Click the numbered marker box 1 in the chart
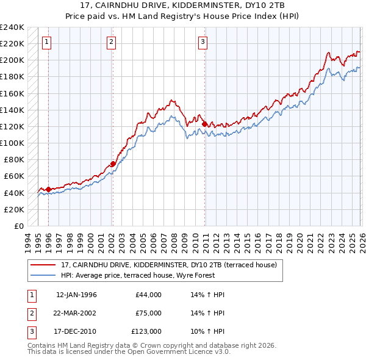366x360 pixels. click(47, 42)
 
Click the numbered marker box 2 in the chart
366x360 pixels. click(112, 42)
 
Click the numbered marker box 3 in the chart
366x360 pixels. click(203, 42)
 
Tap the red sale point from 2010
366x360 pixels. click(204, 124)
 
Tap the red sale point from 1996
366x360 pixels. click(48, 189)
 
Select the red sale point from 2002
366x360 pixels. click(113, 164)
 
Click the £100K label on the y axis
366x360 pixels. click(12, 143)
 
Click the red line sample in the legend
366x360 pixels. click(44, 265)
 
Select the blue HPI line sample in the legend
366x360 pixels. click(44, 275)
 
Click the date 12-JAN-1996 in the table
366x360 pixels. click(76, 295)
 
